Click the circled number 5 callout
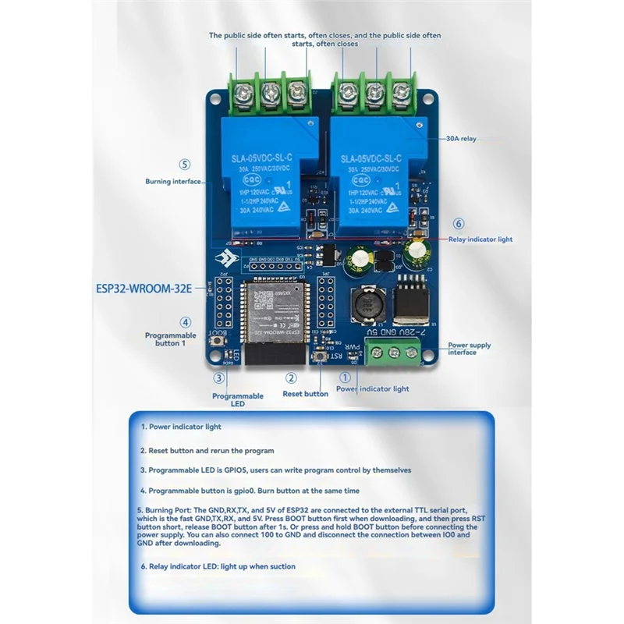point(184,165)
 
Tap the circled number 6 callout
point(459,223)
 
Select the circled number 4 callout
point(185,321)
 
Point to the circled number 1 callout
point(346,376)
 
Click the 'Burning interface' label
point(172,182)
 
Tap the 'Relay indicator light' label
point(480,239)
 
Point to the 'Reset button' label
point(305,394)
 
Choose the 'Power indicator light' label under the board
point(372,388)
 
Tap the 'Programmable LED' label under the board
point(238,399)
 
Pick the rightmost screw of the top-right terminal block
point(402,94)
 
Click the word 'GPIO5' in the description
point(248,470)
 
